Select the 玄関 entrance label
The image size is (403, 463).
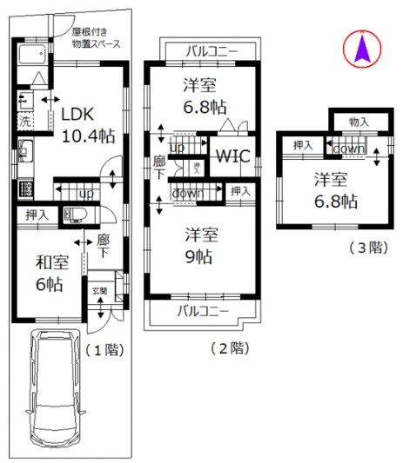click(x=100, y=291)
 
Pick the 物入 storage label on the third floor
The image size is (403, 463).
click(x=357, y=122)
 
